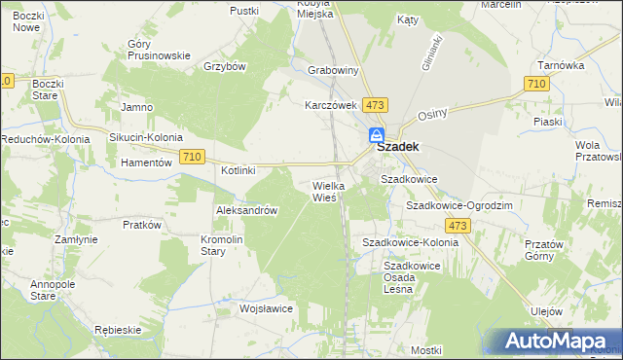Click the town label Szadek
point(397,146)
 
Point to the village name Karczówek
point(332,104)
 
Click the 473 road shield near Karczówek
point(376,103)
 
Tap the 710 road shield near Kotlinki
point(192,157)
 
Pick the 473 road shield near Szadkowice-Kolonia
point(459,226)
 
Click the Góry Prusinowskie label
point(159,50)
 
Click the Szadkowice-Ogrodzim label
point(459,206)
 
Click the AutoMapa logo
point(556,342)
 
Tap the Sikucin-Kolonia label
point(145,138)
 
